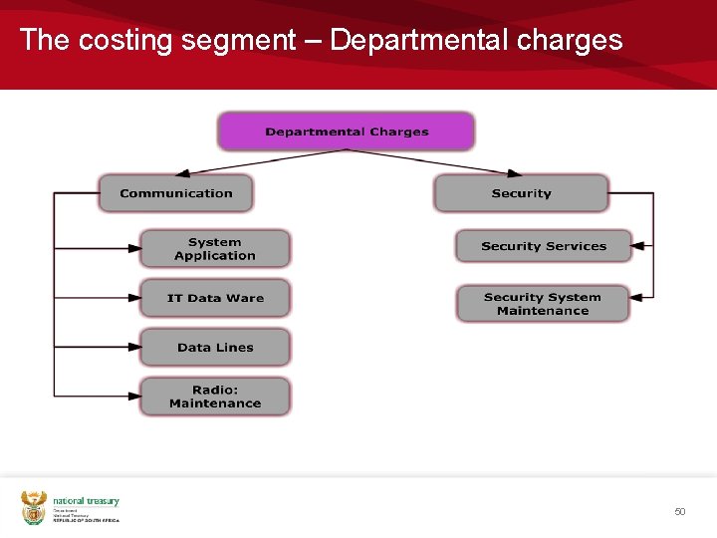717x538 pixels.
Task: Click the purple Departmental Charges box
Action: click(346, 132)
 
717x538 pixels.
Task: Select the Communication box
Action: click(175, 193)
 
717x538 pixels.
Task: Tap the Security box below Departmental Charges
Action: click(521, 193)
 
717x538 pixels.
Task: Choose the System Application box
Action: click(214, 249)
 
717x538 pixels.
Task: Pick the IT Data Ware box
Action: click(214, 298)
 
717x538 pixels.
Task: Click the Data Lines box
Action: click(214, 348)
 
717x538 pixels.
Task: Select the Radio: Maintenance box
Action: click(214, 397)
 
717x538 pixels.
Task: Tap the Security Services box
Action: click(543, 246)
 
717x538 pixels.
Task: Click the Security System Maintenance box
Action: click(543, 304)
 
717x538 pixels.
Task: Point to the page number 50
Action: click(680, 511)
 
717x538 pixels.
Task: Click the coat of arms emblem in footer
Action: click(34, 507)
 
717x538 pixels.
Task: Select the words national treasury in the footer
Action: click(86, 501)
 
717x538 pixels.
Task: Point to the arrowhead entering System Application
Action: click(134, 248)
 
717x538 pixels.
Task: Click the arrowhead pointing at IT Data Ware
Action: click(134, 297)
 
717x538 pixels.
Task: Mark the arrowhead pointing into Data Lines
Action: click(134, 347)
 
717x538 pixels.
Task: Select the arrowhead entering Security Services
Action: click(638, 245)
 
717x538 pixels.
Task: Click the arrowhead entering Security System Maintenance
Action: click(638, 297)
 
